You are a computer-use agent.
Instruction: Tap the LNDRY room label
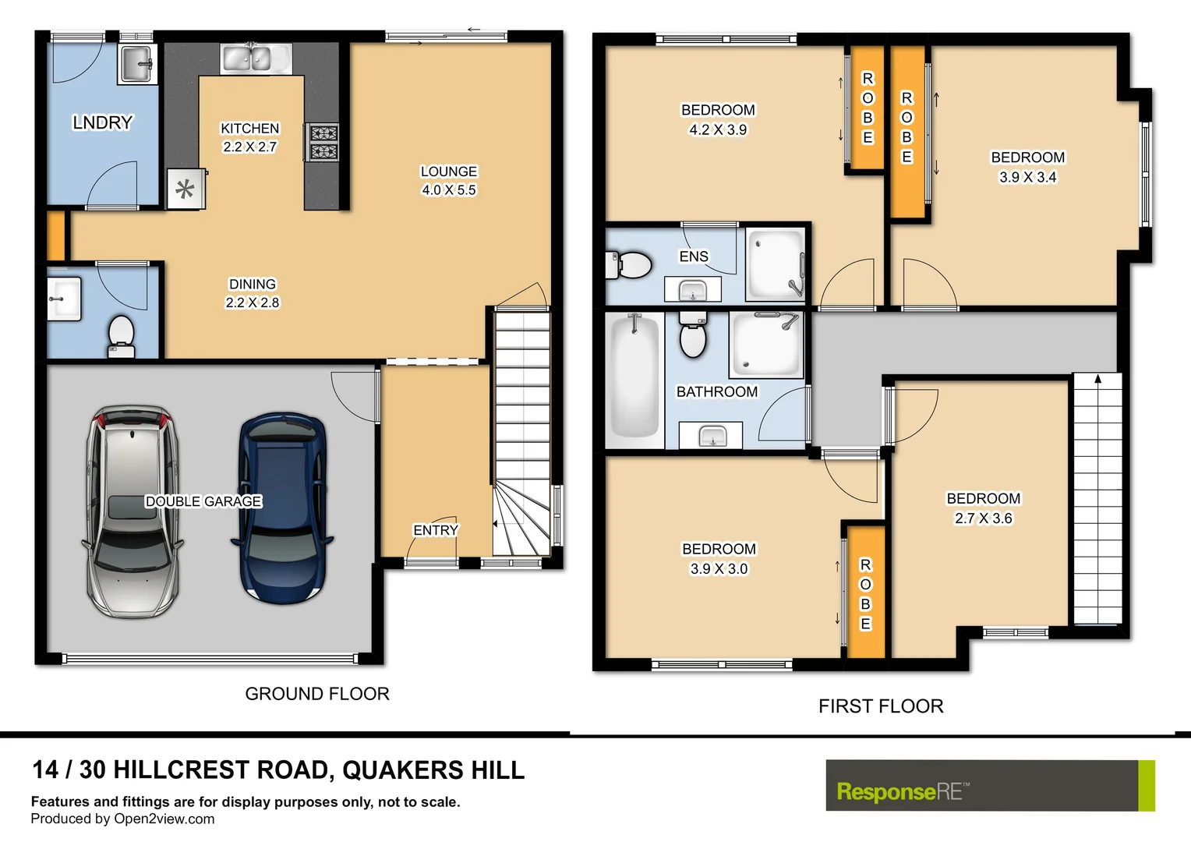pyautogui.click(x=102, y=122)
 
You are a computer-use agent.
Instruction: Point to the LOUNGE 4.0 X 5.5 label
pyautogui.click(x=448, y=181)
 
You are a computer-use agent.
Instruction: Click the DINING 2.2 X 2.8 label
pyautogui.click(x=252, y=293)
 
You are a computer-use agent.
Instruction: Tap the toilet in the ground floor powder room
pyautogui.click(x=121, y=334)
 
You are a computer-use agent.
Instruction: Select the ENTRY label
pyautogui.click(x=435, y=530)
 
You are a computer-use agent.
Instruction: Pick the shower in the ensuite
pyautogui.click(x=775, y=264)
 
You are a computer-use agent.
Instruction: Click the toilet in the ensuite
pyautogui.click(x=629, y=265)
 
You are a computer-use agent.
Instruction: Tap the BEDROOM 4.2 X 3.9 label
pyautogui.click(x=718, y=120)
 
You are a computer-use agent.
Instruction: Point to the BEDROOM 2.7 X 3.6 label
pyautogui.click(x=983, y=508)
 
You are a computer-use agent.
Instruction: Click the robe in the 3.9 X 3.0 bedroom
pyautogui.click(x=865, y=593)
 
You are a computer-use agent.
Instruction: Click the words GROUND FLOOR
pyautogui.click(x=316, y=694)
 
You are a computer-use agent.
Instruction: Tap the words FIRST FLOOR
pyautogui.click(x=881, y=706)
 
